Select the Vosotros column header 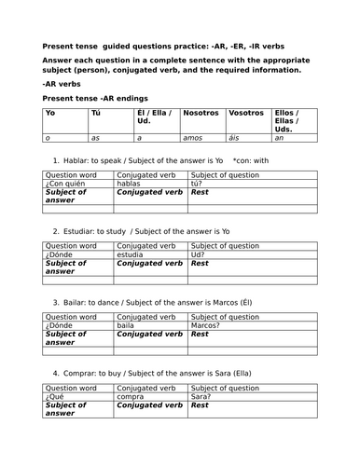click(246, 113)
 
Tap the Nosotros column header click(201, 113)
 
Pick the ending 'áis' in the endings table click(235, 137)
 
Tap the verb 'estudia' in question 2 click(132, 254)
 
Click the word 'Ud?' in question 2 click(198, 254)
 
